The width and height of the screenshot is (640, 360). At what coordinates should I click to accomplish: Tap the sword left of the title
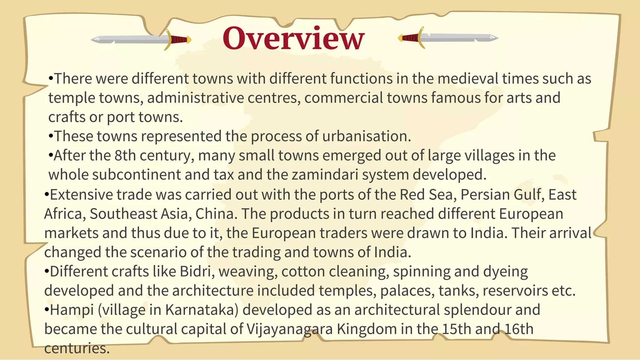coord(141,39)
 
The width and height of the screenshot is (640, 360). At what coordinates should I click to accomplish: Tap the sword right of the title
coord(448,38)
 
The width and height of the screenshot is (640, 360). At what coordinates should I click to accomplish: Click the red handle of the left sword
coord(179,40)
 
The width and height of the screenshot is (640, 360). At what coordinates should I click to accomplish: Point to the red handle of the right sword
coord(410,38)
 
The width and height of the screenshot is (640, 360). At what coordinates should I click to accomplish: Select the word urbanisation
coord(366,136)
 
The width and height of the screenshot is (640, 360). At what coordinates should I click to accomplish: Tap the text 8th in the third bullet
coord(125,155)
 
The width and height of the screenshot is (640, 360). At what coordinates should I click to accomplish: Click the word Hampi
coord(72,310)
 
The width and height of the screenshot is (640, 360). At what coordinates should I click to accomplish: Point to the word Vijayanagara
coord(290,329)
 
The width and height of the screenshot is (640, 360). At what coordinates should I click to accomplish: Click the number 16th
coord(519,329)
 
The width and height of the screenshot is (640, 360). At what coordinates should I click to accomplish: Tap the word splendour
coord(477,310)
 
